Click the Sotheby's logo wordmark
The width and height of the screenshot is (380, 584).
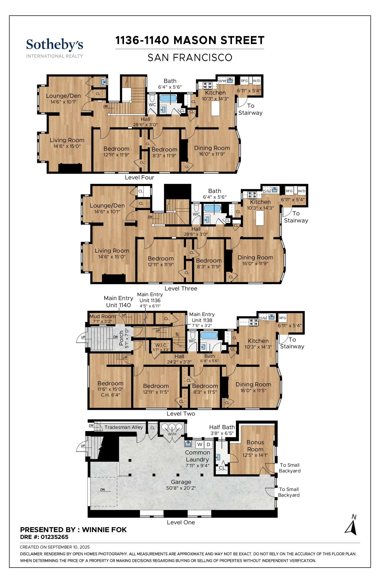click(x=54, y=45)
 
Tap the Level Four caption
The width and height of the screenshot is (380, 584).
click(x=139, y=177)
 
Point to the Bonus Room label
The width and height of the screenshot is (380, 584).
click(x=255, y=446)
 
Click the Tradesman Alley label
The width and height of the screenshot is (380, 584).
click(x=124, y=427)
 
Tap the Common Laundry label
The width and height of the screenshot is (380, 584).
click(x=197, y=456)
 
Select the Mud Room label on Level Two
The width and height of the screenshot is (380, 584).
click(x=102, y=316)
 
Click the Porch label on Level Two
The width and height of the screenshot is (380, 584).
click(x=121, y=338)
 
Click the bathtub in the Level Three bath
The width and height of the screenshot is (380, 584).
click(x=212, y=208)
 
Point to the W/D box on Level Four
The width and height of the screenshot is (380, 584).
click(x=256, y=81)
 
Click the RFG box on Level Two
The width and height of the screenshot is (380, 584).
click(x=283, y=318)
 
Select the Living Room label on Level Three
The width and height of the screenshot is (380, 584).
click(x=112, y=251)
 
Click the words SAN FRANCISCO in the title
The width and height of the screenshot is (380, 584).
click(x=190, y=57)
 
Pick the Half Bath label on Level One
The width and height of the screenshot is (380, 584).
click(x=222, y=427)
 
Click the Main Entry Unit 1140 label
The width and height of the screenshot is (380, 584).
click(x=118, y=301)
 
